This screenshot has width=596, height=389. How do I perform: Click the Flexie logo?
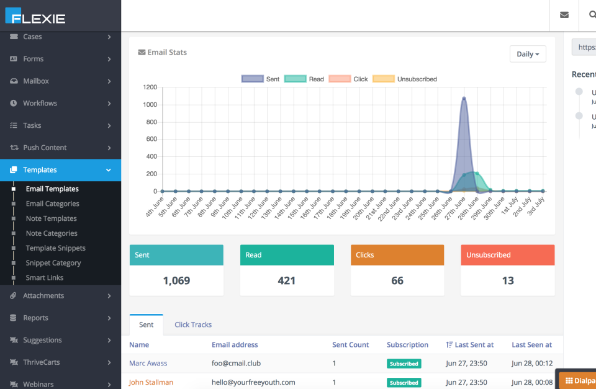click(35, 16)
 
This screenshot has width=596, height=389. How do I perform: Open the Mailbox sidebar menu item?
click(36, 81)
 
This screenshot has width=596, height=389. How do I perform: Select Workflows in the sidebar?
click(40, 104)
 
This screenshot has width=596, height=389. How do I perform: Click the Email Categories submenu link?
click(52, 204)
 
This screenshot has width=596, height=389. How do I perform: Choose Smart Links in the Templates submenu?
click(45, 278)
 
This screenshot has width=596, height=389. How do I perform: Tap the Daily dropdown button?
click(528, 54)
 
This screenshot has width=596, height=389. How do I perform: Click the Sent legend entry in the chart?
click(261, 79)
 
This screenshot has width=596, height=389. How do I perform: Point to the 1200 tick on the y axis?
click(150, 87)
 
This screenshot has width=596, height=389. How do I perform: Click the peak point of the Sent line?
click(464, 98)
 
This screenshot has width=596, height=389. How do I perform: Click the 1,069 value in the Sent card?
click(176, 281)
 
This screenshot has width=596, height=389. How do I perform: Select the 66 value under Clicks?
click(397, 281)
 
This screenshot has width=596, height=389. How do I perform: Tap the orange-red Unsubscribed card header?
click(508, 255)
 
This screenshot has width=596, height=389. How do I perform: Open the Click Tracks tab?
click(193, 325)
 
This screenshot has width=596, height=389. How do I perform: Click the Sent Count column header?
click(350, 345)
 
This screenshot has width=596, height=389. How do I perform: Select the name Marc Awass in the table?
click(148, 364)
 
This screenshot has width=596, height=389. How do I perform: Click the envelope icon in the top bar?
click(564, 15)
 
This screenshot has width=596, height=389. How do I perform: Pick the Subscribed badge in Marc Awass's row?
click(404, 364)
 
